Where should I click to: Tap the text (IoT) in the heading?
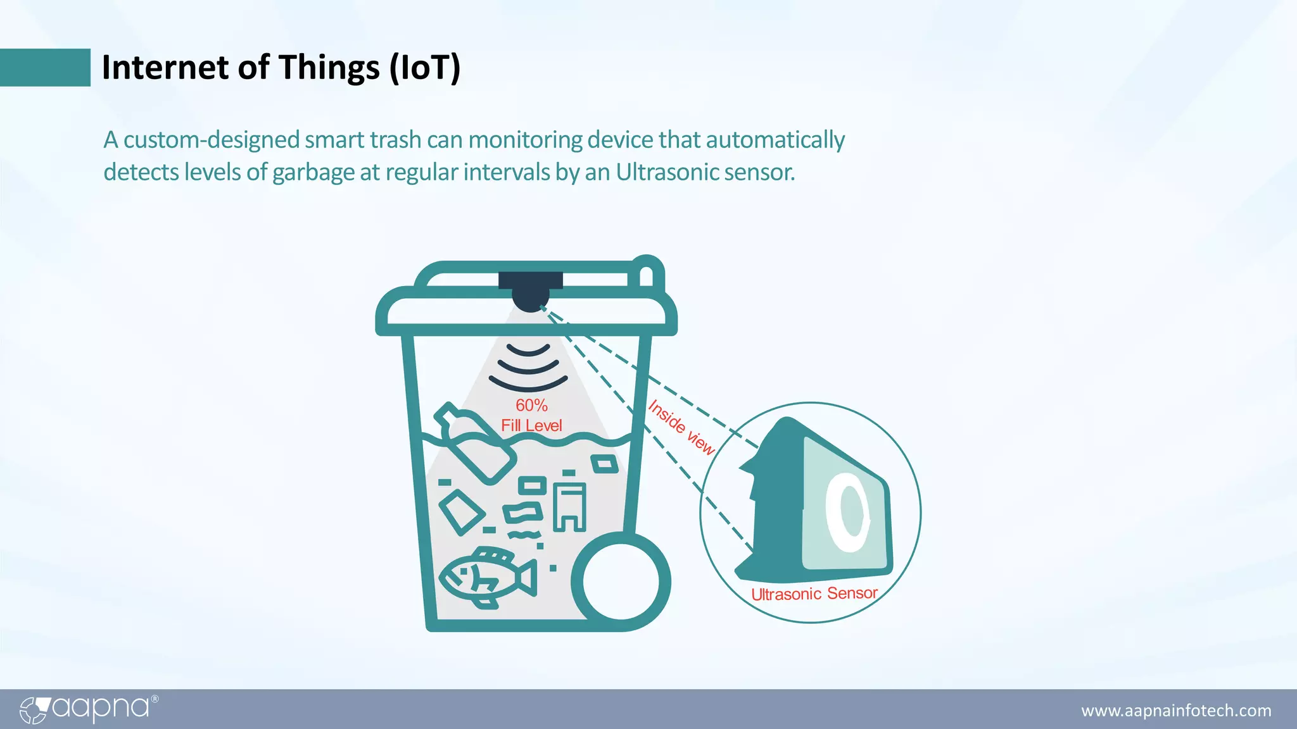coord(424,67)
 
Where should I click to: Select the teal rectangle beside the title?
coord(45,67)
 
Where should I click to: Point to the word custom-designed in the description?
coord(212,139)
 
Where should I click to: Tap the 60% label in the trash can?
coord(531,405)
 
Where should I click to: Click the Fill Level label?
coord(531,425)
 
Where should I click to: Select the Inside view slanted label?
coord(681,427)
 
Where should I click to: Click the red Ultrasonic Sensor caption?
coord(814,594)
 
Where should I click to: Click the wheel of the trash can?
coord(621,582)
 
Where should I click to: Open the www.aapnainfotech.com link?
coord(1176,711)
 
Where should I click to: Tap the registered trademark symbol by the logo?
coord(155,699)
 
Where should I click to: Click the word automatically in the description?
coord(775,139)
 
